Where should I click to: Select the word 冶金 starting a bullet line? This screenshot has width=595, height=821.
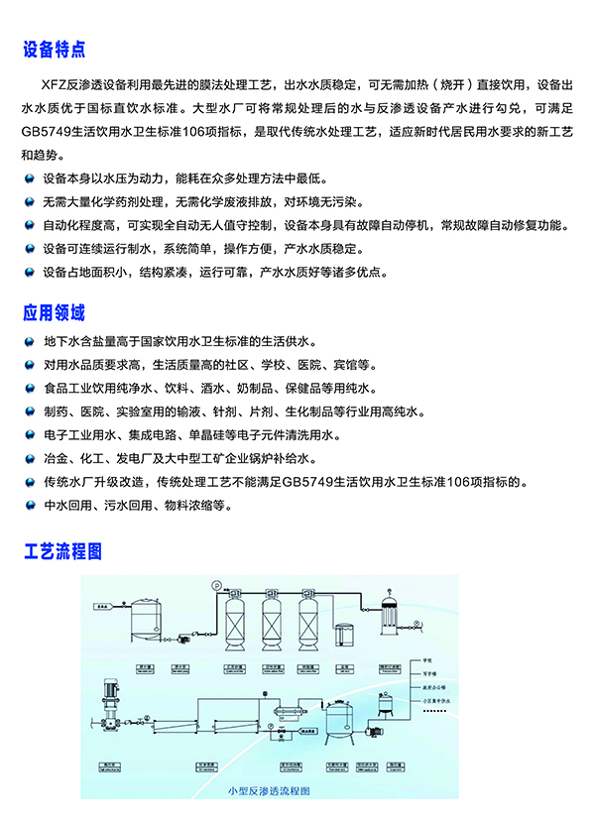(57, 459)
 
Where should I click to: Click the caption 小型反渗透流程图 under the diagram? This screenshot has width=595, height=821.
(269, 790)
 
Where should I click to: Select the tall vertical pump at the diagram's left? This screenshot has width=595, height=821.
(109, 700)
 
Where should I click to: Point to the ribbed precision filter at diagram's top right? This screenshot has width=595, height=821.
(400, 609)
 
